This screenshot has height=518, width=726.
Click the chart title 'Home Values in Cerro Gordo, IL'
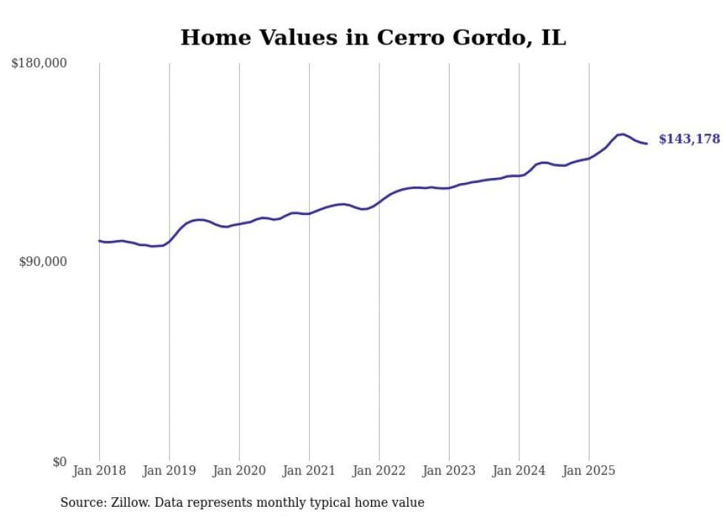(x=373, y=37)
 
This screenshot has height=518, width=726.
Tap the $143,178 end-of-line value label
(x=689, y=139)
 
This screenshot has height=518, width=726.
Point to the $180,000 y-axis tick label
(x=39, y=64)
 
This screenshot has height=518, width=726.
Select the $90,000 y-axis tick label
(x=42, y=262)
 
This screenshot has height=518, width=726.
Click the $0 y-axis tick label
(x=59, y=462)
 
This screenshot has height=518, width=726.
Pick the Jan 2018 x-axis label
(x=99, y=471)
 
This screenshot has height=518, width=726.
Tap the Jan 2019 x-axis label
(x=170, y=471)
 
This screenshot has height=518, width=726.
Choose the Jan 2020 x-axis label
(x=239, y=471)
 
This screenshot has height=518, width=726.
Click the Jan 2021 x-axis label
(x=309, y=471)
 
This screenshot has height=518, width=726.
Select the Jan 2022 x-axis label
(x=379, y=471)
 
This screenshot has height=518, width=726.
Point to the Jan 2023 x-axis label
(x=449, y=471)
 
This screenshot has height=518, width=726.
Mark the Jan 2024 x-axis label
(x=519, y=471)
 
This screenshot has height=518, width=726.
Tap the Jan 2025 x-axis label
(x=589, y=471)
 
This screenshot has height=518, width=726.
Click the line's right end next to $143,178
(x=647, y=143)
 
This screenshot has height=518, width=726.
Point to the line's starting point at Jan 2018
(x=99, y=240)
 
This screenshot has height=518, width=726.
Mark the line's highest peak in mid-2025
(x=623, y=134)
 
